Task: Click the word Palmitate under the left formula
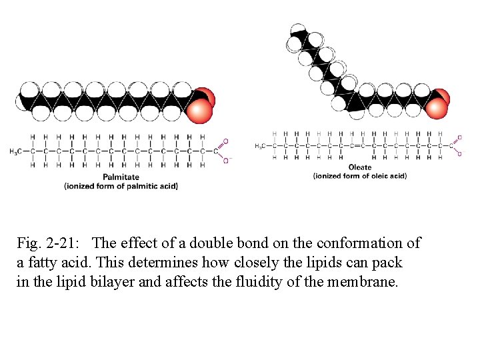pos(121,177)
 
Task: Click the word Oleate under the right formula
pos(360,167)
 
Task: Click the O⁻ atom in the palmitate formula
pos(225,161)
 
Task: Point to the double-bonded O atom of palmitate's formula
pos(225,141)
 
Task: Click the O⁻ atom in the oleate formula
pos(459,154)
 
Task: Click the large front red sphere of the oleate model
pos(436,108)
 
